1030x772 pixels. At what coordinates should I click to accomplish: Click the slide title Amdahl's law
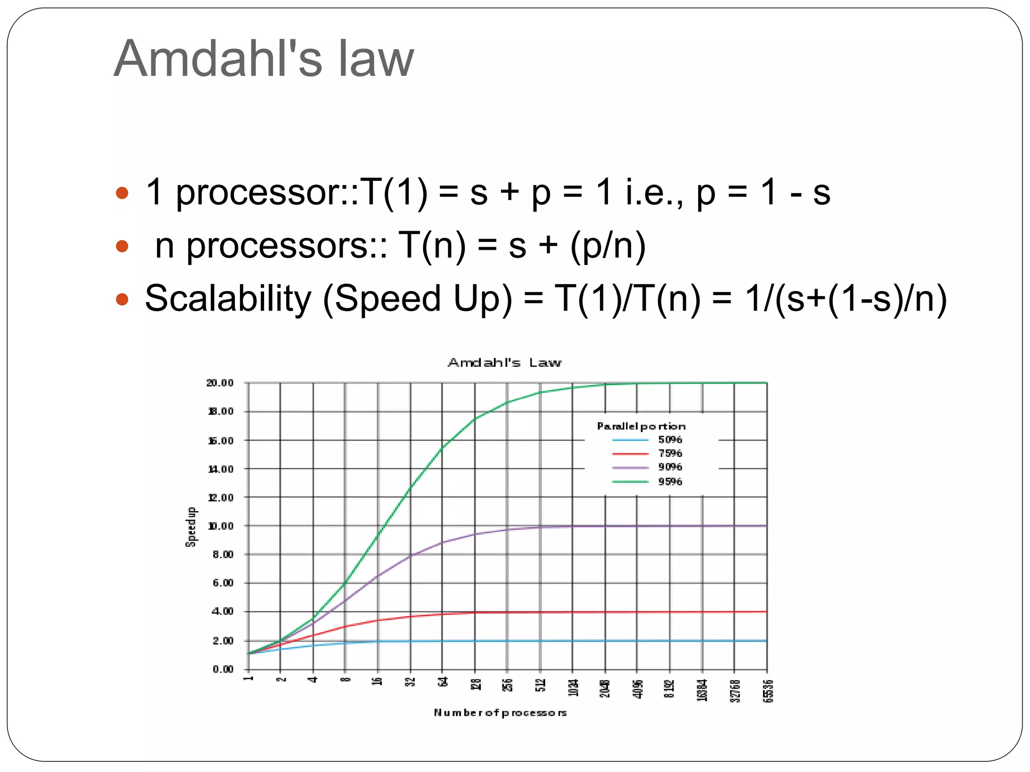pyautogui.click(x=264, y=59)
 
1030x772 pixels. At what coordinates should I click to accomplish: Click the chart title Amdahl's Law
pyautogui.click(x=504, y=362)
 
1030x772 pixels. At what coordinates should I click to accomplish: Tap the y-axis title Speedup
pyautogui.click(x=191, y=527)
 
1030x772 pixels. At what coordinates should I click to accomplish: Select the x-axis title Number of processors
pyautogui.click(x=500, y=713)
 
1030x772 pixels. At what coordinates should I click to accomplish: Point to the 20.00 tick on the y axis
pyautogui.click(x=220, y=383)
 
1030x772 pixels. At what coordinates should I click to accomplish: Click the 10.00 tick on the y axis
pyautogui.click(x=220, y=526)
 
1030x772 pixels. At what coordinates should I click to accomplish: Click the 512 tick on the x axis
pyautogui.click(x=540, y=685)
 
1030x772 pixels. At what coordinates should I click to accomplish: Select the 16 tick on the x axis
pyautogui.click(x=378, y=682)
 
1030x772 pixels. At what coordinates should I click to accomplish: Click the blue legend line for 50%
pyautogui.click(x=630, y=440)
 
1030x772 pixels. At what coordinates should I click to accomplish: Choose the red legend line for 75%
pyautogui.click(x=630, y=454)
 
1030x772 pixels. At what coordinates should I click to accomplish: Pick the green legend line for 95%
pyautogui.click(x=630, y=481)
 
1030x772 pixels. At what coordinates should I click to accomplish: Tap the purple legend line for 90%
pyautogui.click(x=630, y=467)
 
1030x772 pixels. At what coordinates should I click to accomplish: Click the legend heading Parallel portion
pyautogui.click(x=641, y=426)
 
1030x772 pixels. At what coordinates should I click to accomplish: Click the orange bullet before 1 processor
pyautogui.click(x=122, y=193)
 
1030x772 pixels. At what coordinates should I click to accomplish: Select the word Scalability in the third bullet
pyautogui.click(x=228, y=299)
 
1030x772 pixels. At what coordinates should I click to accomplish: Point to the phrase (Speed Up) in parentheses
pyautogui.click(x=417, y=299)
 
